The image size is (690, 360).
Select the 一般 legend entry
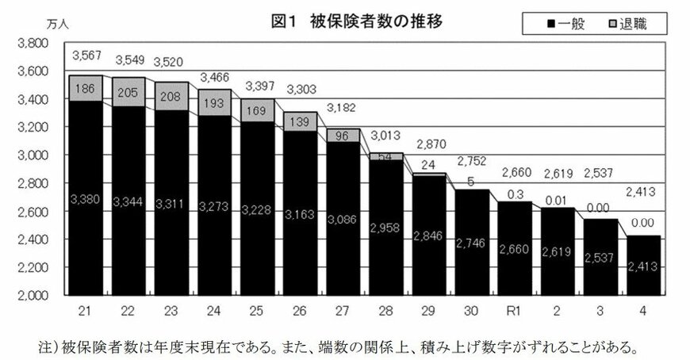pyautogui.click(x=565, y=24)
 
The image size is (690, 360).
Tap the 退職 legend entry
pyautogui.click(x=627, y=24)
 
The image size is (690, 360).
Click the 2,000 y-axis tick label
pyautogui.click(x=31, y=295)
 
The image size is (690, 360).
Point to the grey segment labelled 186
pyautogui.click(x=85, y=89)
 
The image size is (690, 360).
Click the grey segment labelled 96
pyautogui.click(x=342, y=136)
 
